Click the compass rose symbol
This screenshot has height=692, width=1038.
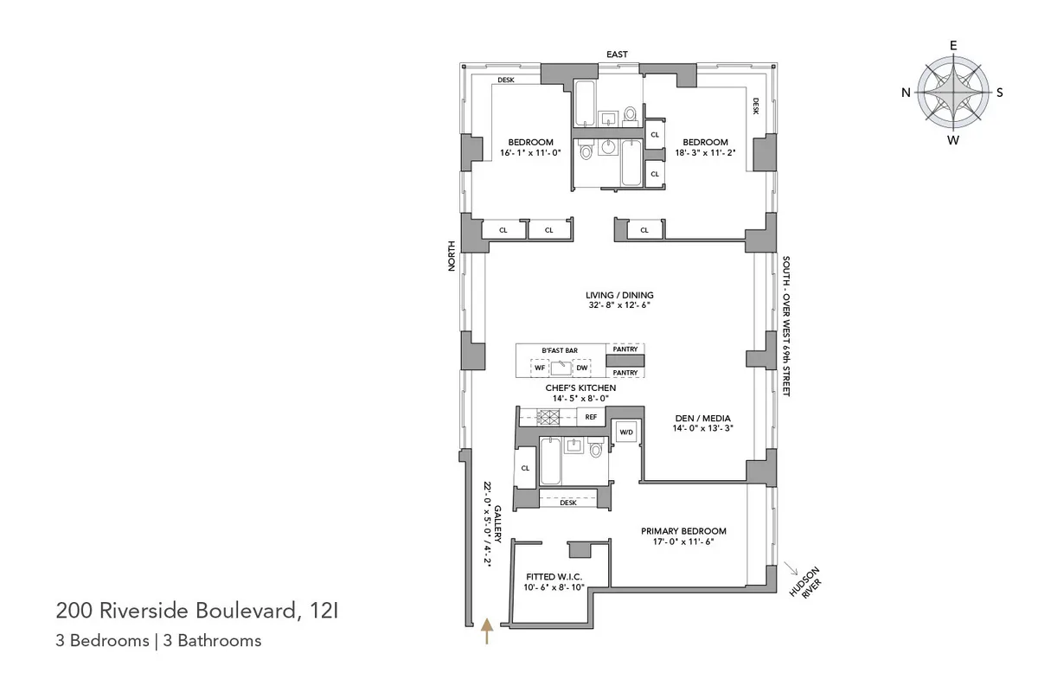(952, 93)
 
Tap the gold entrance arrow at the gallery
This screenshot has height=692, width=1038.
(487, 631)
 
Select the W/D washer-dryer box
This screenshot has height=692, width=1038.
(625, 432)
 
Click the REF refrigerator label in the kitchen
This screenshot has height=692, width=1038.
(591, 417)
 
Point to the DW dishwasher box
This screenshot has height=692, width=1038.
(581, 368)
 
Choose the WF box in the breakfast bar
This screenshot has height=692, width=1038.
(539, 368)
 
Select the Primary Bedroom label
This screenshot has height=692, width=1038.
(682, 531)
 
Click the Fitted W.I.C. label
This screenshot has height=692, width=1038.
(554, 577)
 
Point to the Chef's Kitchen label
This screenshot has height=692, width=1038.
(580, 388)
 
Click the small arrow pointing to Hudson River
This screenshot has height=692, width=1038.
(791, 567)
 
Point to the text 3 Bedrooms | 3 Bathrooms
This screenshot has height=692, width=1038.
(158, 641)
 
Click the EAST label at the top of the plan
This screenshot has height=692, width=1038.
(617, 54)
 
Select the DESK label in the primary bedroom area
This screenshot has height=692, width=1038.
(568, 503)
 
